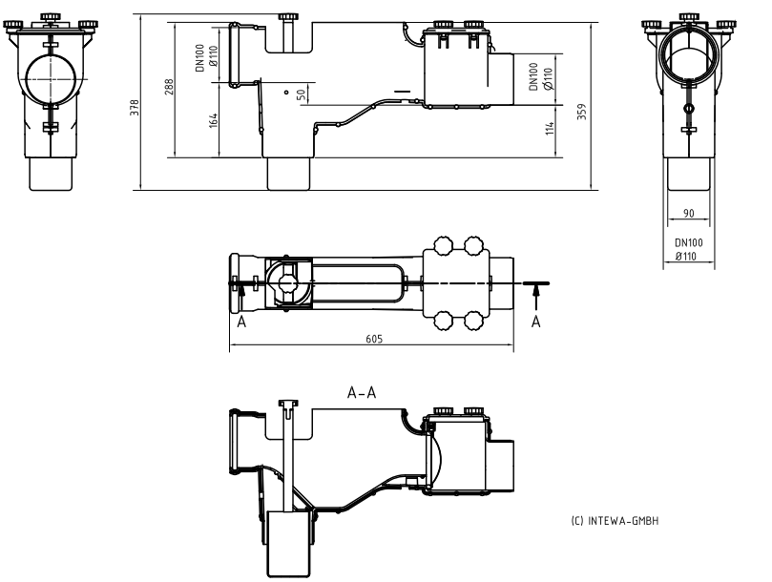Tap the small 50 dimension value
point(301,95)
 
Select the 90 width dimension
point(689,214)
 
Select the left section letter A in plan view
point(242,322)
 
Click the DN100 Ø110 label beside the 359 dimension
point(540,78)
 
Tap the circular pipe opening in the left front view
point(49,76)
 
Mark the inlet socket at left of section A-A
point(235,440)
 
